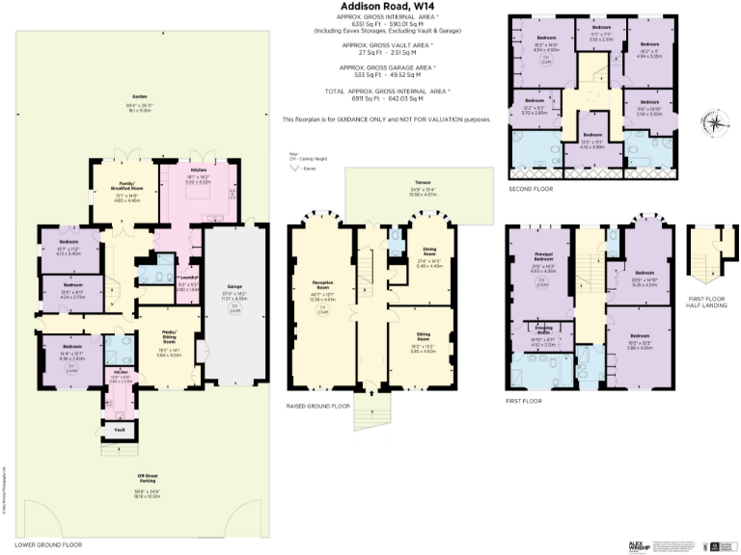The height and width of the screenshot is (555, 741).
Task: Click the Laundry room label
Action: coord(187,278)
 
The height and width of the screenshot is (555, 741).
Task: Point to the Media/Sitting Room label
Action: coord(169,338)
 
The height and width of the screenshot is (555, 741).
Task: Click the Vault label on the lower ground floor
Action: coord(120,429)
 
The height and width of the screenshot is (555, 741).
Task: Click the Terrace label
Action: coord(422,182)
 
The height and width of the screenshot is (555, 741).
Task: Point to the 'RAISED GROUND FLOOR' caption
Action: coord(319,406)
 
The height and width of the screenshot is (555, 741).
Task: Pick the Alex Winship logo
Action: coord(640,545)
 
